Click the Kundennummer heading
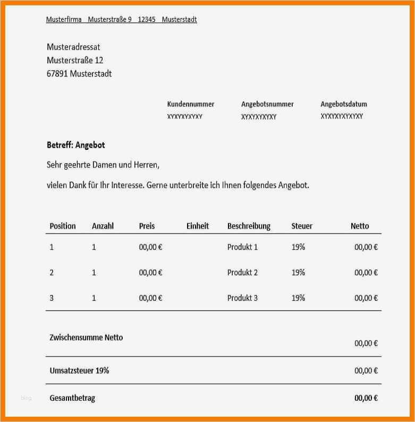tap(190, 104)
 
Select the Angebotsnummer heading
tap(267, 104)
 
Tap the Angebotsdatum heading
tap(344, 104)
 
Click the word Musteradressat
tap(73, 47)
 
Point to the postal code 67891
tap(57, 74)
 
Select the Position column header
tap(63, 226)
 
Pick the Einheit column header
tap(198, 226)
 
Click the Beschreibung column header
tap(249, 226)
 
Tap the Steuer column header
tap(302, 226)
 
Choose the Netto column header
tap(360, 226)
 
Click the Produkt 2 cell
tap(242, 273)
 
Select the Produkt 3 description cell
tap(242, 298)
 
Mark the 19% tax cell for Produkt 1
tap(298, 247)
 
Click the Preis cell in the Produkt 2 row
tap(150, 273)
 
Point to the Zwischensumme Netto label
tap(86, 337)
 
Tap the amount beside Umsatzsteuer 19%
tap(366, 371)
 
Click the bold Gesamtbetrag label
tap(72, 398)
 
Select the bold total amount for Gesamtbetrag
tap(366, 398)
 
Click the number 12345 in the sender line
tap(147, 20)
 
